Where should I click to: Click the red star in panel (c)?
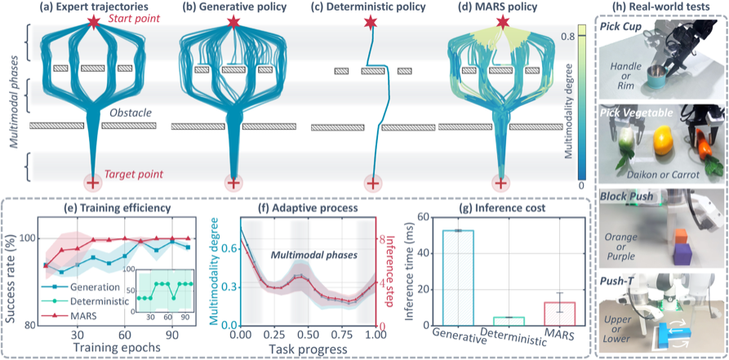(371, 22)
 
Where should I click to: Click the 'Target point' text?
(133, 175)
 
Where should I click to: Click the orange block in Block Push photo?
(682, 235)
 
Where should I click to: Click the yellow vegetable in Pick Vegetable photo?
(663, 141)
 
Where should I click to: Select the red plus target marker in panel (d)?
(500, 184)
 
